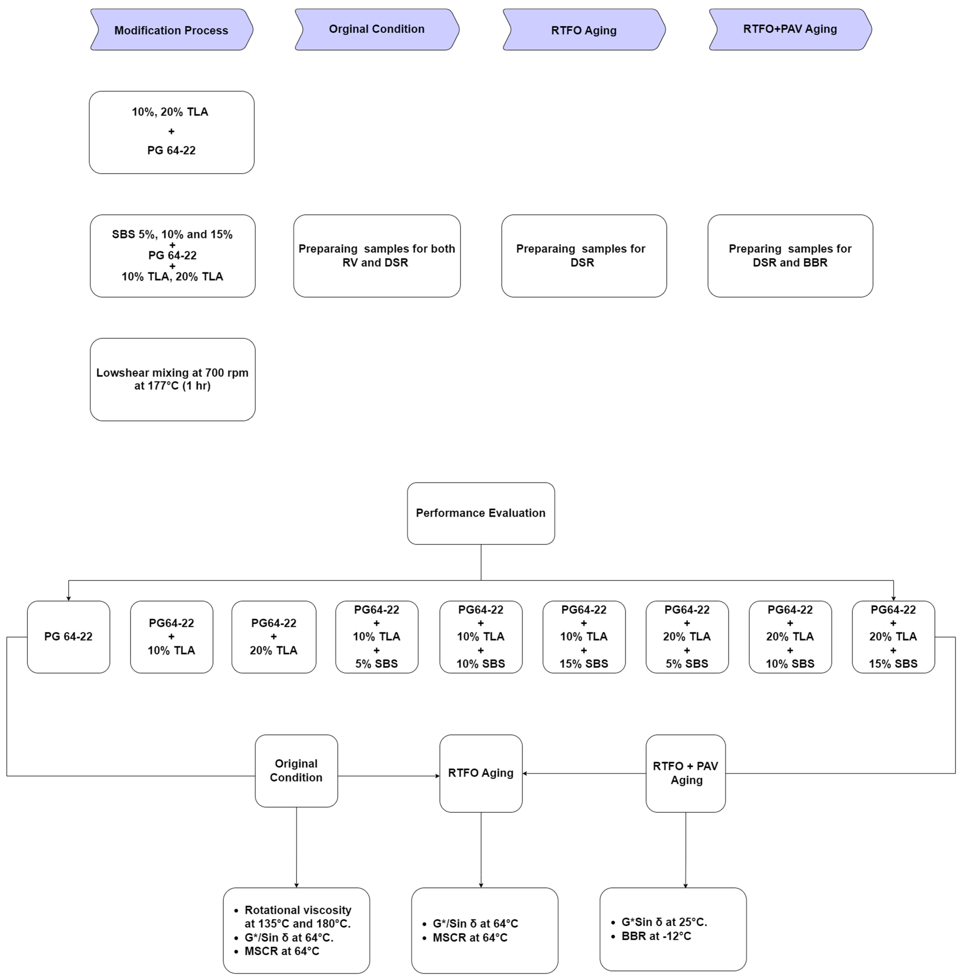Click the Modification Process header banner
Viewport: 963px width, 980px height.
click(171, 30)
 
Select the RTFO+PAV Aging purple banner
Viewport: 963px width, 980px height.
click(790, 29)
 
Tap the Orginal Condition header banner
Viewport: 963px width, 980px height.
click(377, 29)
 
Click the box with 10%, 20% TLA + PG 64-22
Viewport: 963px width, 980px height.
click(171, 132)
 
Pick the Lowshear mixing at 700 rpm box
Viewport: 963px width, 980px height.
click(172, 379)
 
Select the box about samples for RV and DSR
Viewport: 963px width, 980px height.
click(377, 255)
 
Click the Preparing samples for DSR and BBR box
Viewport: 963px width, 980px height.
click(790, 255)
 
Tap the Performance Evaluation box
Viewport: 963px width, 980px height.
click(481, 513)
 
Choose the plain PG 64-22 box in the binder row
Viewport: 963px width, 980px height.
click(68, 636)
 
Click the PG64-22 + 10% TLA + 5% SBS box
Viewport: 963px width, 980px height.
click(377, 636)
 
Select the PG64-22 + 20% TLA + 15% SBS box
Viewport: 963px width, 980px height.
click(893, 636)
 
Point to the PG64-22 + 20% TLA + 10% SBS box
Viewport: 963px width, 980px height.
click(790, 636)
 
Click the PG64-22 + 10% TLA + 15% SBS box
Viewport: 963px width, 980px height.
click(584, 636)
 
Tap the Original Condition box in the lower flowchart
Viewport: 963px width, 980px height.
click(296, 770)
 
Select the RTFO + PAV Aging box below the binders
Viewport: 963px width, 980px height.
click(686, 773)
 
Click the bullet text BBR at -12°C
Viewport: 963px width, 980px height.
click(656, 936)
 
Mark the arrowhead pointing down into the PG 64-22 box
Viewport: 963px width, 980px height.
click(68, 598)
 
